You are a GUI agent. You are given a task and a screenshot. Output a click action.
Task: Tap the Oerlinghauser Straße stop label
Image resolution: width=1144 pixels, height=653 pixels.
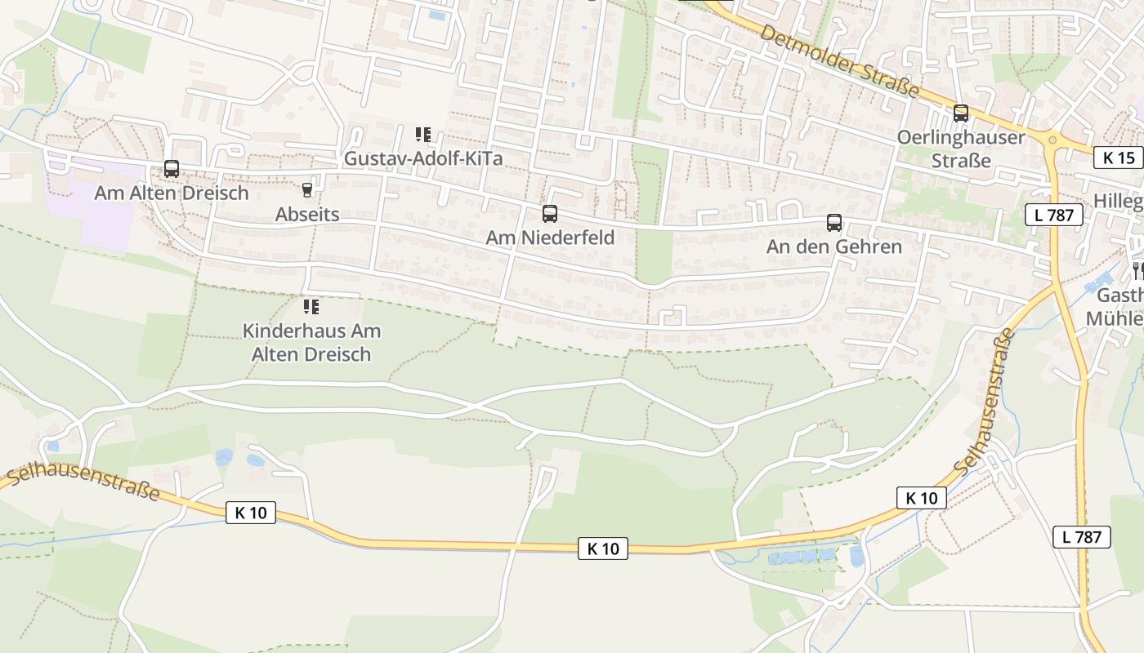click(x=961, y=148)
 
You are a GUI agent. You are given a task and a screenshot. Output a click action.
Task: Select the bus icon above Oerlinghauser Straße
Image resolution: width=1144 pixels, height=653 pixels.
click(x=961, y=113)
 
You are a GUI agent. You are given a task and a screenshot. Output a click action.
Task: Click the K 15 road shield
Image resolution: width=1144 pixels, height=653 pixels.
click(x=1119, y=158)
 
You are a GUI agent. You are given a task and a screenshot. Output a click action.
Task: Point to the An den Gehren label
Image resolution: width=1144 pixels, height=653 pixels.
click(x=833, y=247)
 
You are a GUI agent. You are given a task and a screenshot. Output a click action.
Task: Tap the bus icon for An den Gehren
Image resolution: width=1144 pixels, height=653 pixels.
click(x=833, y=222)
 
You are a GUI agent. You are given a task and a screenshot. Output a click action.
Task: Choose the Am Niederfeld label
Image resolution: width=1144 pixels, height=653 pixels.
click(x=550, y=238)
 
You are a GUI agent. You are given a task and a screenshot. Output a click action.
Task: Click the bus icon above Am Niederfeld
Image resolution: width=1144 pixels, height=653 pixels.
click(x=550, y=214)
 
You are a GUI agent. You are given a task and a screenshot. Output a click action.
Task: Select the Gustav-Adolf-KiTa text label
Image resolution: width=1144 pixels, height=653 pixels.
click(x=422, y=158)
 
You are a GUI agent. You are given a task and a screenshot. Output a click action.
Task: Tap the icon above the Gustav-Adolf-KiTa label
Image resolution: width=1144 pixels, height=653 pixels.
click(x=422, y=135)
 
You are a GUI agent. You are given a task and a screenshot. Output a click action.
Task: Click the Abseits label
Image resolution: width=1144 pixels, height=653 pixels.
click(x=307, y=215)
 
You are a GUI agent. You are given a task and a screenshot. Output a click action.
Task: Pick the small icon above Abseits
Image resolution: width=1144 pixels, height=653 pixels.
click(x=307, y=190)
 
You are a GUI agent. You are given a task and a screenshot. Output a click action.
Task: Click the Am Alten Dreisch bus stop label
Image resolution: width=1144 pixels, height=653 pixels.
click(x=172, y=193)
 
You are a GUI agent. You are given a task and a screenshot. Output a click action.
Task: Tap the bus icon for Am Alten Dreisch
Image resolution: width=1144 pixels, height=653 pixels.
click(x=172, y=169)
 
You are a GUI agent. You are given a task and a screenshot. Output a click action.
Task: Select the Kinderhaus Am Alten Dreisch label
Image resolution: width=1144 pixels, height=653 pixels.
click(x=311, y=343)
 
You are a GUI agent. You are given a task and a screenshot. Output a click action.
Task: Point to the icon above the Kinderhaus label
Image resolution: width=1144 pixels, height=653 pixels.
click(x=311, y=307)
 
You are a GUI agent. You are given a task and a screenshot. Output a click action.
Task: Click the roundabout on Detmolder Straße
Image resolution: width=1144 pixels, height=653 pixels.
click(x=1052, y=140)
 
